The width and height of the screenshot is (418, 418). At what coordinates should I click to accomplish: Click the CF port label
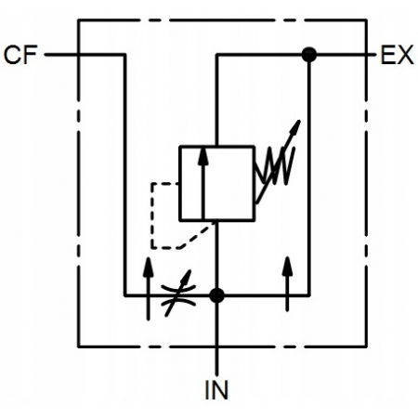20,55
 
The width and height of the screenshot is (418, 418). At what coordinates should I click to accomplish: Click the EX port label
397,55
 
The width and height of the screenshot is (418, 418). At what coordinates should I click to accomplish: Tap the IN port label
216,389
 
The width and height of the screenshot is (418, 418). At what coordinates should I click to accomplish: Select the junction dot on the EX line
309,55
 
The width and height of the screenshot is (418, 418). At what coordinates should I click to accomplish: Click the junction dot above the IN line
216,295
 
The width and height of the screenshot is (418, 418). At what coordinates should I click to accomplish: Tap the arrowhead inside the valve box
203,155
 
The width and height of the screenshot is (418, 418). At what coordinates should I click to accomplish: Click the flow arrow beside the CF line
149,289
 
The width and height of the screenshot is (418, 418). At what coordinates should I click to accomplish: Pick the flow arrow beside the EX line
287,283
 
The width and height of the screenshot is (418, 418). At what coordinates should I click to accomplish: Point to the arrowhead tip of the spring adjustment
300,120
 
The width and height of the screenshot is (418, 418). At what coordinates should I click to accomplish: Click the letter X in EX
406,55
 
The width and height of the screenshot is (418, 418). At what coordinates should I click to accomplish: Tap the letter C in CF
12,55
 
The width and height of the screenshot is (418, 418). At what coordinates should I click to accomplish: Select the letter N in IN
221,389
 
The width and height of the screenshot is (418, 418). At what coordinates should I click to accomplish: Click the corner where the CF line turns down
124,55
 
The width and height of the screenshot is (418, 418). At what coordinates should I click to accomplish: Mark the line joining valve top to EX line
216,99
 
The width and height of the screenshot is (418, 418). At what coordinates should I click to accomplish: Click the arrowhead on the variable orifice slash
188,276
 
